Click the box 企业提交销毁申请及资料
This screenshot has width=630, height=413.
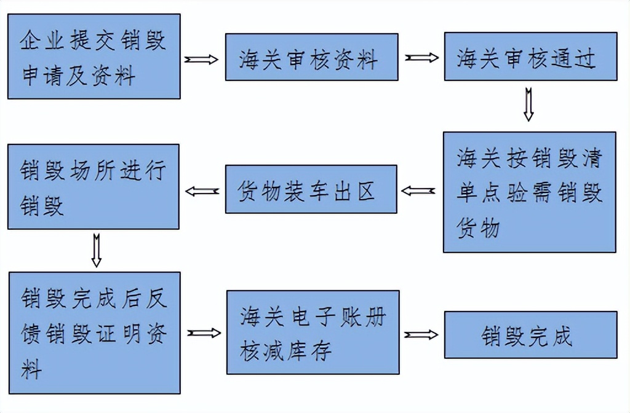(94, 57)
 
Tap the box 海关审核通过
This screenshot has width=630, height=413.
(530, 57)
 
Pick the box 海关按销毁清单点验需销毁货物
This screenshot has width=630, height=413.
(529, 192)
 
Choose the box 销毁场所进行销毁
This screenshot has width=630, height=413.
(94, 187)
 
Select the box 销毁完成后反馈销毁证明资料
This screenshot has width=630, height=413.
(94, 332)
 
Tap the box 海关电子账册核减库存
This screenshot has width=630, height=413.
(313, 332)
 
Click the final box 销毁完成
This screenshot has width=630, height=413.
(530, 335)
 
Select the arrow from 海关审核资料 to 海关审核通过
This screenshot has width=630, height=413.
(421, 58)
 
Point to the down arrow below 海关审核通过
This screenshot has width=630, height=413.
(528, 105)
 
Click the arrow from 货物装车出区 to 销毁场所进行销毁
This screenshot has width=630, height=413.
(202, 191)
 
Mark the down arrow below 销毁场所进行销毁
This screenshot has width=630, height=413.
(96, 250)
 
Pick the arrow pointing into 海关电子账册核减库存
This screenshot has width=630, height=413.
(204, 332)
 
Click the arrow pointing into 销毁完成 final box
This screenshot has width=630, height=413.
(421, 335)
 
